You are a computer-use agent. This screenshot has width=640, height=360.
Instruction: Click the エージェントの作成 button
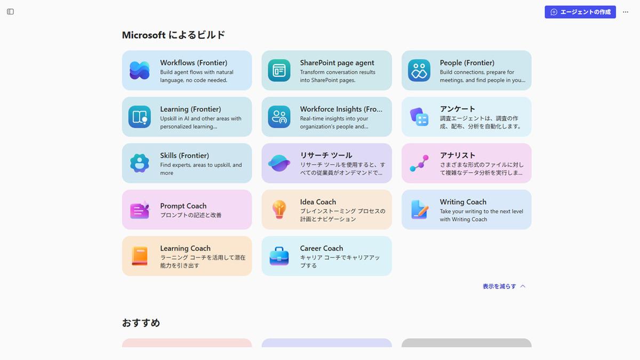click(x=580, y=12)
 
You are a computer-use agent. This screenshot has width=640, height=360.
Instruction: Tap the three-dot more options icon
click(x=626, y=12)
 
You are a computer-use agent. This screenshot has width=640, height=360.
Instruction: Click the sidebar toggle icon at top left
click(x=10, y=12)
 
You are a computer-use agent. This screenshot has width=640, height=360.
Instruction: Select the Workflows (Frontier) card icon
click(x=139, y=70)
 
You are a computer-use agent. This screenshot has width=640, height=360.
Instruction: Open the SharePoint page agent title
click(x=337, y=62)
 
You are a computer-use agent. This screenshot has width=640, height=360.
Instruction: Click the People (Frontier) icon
click(x=419, y=70)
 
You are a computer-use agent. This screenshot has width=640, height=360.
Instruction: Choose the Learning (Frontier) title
click(x=190, y=109)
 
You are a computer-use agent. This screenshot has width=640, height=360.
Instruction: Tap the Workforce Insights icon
click(x=279, y=117)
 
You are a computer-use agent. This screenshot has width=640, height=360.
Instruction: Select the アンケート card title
click(x=458, y=109)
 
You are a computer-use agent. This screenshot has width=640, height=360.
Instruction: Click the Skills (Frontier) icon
click(x=139, y=163)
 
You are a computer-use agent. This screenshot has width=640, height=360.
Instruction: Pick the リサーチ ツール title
click(x=326, y=155)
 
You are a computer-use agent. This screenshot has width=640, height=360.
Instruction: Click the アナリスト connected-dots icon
click(x=419, y=163)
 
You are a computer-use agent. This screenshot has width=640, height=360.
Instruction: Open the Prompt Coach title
click(x=183, y=206)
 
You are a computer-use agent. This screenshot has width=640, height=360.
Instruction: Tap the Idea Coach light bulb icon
click(x=279, y=210)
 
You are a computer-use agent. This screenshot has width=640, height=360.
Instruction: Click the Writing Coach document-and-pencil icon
click(x=419, y=210)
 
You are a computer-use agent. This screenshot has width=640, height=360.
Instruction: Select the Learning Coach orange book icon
click(x=140, y=256)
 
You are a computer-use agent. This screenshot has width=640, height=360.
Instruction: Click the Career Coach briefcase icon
click(x=279, y=256)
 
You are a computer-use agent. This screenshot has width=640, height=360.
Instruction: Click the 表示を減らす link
click(x=504, y=286)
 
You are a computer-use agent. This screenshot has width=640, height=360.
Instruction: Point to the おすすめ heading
click(x=141, y=323)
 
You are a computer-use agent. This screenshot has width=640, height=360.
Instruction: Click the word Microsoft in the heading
click(x=143, y=35)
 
